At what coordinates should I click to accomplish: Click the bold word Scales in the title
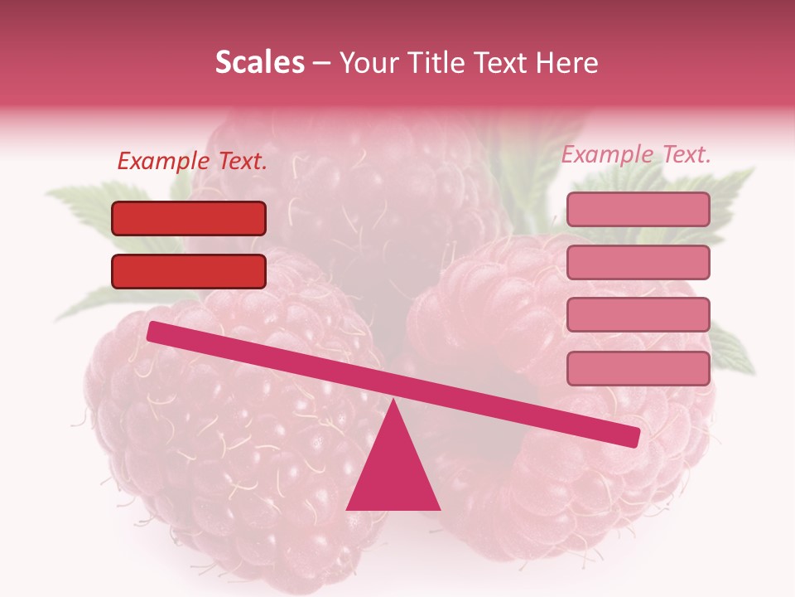(x=259, y=62)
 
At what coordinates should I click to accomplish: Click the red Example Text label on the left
(x=192, y=162)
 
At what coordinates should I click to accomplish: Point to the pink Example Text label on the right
(x=636, y=154)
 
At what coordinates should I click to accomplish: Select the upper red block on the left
(x=189, y=218)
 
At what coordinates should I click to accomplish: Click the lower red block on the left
(x=189, y=271)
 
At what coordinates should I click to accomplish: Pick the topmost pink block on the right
(x=638, y=209)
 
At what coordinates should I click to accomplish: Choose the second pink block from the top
(x=638, y=262)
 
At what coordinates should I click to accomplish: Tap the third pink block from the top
(x=638, y=314)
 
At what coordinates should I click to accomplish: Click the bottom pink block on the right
(x=638, y=368)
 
